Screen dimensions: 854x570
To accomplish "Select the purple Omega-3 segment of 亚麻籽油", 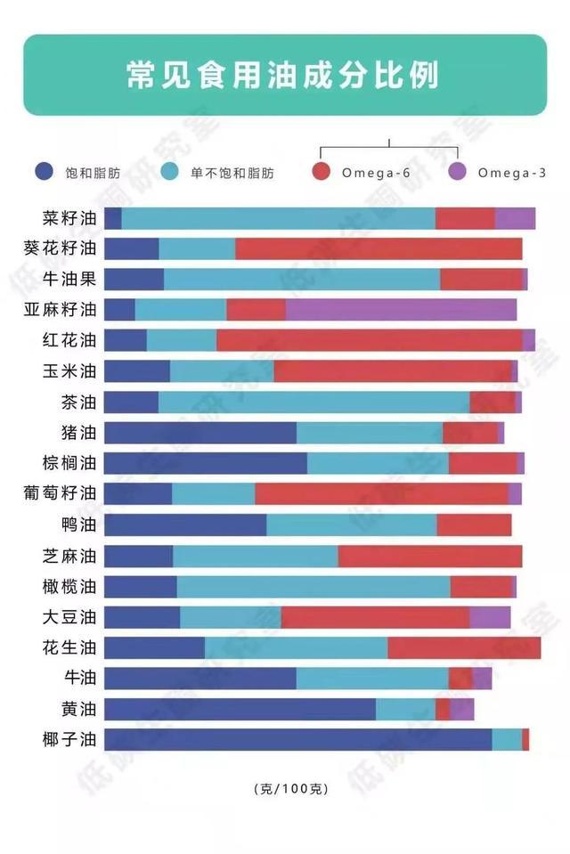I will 401,310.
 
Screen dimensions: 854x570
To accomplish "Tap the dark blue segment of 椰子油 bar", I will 297,739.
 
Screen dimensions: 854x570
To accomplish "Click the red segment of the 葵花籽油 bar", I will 379,248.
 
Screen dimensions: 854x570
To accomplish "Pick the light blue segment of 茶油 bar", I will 313,402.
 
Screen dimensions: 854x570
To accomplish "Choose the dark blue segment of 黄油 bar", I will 240,709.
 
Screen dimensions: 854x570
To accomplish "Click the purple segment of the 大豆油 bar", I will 490,617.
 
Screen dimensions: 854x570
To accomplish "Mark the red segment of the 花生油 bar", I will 464,647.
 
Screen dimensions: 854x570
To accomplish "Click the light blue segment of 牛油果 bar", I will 302,280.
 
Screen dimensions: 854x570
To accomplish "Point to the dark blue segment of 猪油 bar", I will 200,433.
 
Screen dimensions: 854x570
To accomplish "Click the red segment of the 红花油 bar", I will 369,340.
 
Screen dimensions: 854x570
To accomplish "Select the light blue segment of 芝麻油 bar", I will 255,556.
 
